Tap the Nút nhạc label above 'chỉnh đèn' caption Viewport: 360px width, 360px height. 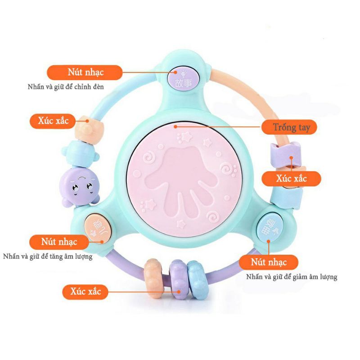pyautogui.click(x=85, y=72)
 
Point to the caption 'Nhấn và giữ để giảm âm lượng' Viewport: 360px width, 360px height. pyautogui.click(x=292, y=277)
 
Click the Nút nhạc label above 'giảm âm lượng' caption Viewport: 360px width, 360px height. pyautogui.click(x=269, y=262)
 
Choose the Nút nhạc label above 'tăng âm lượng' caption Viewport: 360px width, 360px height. pyautogui.click(x=60, y=242)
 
